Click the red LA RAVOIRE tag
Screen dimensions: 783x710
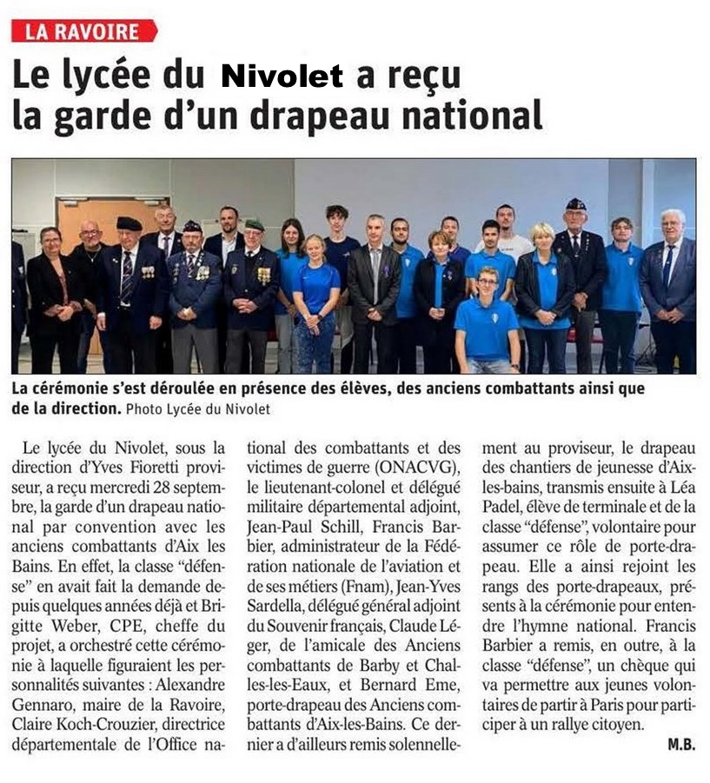point(83,31)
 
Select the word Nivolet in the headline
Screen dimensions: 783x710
point(282,76)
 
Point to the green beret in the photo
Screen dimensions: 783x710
point(254,224)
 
